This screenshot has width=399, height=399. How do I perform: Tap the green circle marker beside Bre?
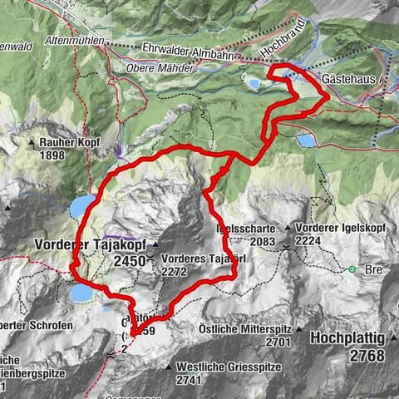tap(352, 269)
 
